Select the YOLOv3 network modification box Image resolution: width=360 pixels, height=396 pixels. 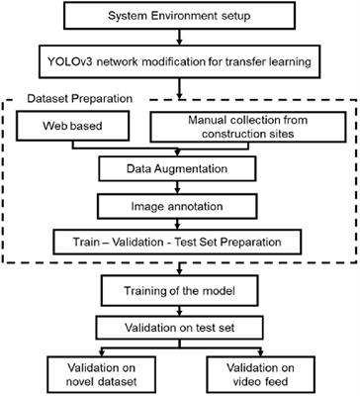click(x=180, y=62)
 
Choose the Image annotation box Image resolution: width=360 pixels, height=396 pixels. click(x=180, y=205)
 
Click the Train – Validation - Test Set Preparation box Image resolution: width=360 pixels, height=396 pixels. click(x=180, y=240)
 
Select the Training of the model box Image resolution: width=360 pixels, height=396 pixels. click(x=180, y=293)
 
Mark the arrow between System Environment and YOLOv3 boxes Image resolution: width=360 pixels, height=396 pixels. click(x=180, y=41)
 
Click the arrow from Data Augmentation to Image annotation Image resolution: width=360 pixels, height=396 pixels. click(x=180, y=188)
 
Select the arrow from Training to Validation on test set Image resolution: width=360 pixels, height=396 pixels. click(x=180, y=312)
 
